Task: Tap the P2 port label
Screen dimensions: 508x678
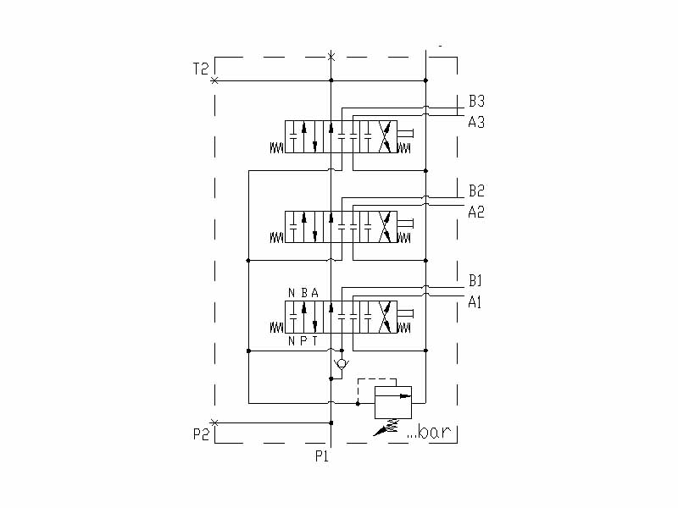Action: (200, 434)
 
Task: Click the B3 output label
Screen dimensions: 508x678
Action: (476, 101)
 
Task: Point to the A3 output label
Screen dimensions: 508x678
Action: (476, 121)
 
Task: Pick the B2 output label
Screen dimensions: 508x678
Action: (476, 190)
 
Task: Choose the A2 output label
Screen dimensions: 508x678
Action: (476, 211)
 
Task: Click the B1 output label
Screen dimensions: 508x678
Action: (475, 280)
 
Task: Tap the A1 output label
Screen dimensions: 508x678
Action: (475, 301)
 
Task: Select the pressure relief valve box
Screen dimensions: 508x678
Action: (393, 400)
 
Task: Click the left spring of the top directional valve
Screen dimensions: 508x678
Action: (276, 148)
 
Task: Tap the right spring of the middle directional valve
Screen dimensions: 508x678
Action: (404, 238)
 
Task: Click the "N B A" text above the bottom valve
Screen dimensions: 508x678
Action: (303, 293)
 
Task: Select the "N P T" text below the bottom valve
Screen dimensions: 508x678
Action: (303, 341)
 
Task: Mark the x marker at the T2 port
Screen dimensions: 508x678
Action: (214, 80)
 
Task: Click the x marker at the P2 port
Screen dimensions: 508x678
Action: (214, 422)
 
